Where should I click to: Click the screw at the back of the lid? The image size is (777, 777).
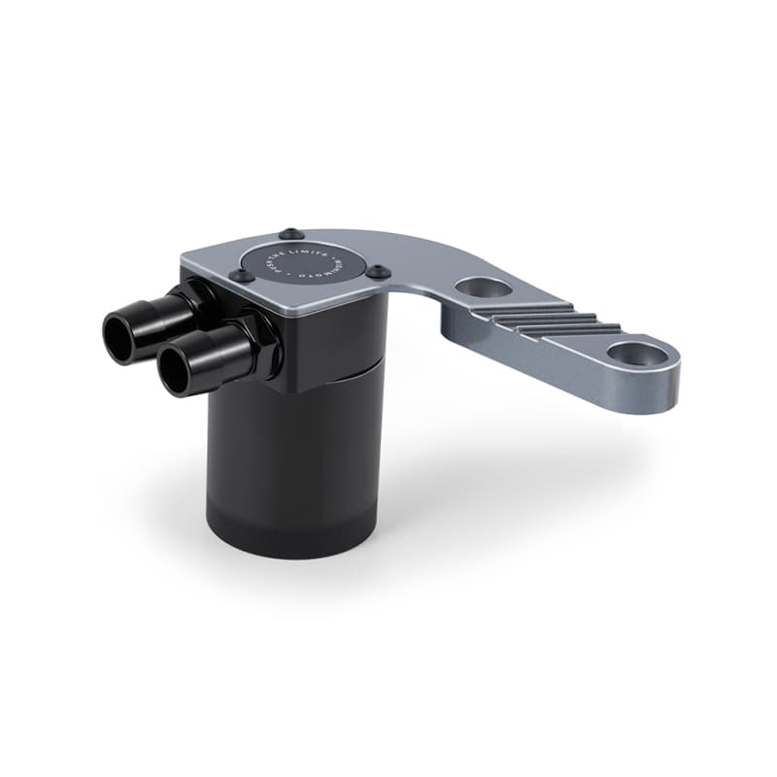288,233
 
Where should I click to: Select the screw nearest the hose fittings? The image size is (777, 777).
236,276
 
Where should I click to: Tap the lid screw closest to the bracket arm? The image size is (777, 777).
380,272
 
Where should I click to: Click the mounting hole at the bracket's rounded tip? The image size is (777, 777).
638,355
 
